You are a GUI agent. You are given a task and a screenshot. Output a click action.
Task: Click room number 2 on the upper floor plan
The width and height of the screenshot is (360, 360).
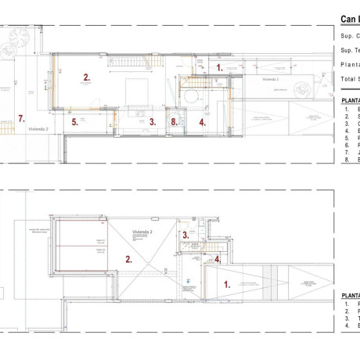pos(87,77)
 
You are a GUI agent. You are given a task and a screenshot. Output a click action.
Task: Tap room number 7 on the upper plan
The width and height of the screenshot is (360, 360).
pos(22,119)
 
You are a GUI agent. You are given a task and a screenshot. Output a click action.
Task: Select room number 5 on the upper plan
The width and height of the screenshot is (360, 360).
pos(75,122)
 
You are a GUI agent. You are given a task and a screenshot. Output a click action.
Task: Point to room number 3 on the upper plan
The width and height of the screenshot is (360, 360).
pos(152,121)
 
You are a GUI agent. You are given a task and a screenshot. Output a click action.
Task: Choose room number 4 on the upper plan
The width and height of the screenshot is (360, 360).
pos(202,122)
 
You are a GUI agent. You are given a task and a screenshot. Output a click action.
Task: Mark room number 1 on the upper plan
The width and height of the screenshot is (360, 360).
pos(219,67)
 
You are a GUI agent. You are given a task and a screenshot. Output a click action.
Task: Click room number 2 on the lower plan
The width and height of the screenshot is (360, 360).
pos(128,257)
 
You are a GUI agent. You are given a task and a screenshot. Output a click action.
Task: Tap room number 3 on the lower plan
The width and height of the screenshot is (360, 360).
pos(185,234)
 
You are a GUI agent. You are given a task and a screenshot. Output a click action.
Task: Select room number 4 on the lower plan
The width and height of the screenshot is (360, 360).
pos(218,259)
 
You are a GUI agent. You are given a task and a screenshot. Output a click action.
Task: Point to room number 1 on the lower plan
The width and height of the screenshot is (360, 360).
pos(228,285)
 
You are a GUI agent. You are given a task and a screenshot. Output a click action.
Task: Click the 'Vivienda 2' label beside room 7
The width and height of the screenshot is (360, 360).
pos(38,130)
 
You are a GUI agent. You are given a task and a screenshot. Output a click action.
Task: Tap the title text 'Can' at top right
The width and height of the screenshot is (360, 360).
pos(349,19)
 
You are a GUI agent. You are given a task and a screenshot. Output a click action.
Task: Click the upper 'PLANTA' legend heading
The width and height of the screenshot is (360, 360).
pos(350,100)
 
